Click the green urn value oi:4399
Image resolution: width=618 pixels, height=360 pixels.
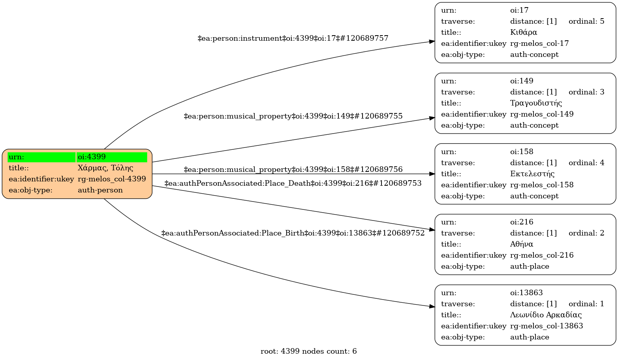point(92,157)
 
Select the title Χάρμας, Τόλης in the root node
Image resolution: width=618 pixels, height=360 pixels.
point(105,168)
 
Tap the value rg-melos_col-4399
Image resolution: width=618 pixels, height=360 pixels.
point(112,179)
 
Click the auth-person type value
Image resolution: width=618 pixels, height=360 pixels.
point(100,190)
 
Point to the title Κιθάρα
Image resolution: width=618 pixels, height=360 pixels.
point(523,32)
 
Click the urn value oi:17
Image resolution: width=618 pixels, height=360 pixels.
point(519,10)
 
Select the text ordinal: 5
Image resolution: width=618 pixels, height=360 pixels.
point(586,21)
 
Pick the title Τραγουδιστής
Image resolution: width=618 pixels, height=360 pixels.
point(536,103)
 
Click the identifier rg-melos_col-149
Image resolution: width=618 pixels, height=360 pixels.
point(542,114)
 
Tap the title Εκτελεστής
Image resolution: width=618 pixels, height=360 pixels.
point(532,174)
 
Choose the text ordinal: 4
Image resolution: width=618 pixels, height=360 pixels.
point(586,162)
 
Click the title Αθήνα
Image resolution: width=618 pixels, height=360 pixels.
point(521,244)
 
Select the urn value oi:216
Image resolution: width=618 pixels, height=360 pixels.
point(521,222)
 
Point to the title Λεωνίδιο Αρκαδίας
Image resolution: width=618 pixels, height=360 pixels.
point(546,315)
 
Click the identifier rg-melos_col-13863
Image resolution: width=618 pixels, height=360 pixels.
point(547,326)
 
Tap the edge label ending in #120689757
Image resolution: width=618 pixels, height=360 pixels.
point(293,38)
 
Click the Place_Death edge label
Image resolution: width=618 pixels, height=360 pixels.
point(293,183)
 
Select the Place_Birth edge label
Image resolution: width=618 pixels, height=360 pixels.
point(293,233)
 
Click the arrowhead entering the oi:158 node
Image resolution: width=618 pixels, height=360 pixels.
point(432,174)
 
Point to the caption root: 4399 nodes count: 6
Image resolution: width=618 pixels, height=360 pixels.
point(308,351)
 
